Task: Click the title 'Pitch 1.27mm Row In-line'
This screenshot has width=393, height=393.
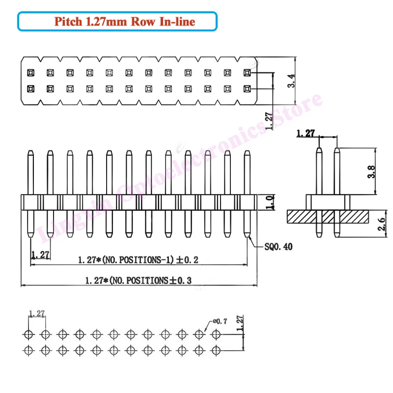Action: click(116, 22)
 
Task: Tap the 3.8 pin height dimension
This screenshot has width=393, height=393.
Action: click(372, 171)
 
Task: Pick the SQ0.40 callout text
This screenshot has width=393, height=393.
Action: click(279, 247)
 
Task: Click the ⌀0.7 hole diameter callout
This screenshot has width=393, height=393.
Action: click(219, 321)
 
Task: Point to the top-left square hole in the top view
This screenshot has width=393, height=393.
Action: click(30, 73)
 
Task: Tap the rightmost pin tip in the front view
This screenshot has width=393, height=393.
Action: click(247, 153)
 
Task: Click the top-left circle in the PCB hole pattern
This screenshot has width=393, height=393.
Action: click(28, 335)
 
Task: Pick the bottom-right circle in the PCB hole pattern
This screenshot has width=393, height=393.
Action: click(216, 350)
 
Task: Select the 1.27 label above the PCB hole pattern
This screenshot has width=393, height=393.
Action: click(37, 313)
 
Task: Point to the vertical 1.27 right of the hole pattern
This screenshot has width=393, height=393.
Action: click(240, 324)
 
